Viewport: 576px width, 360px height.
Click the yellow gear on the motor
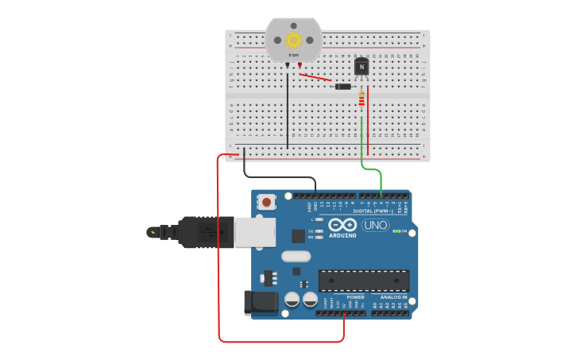tap(293, 40)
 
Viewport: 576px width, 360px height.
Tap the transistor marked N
tap(361, 68)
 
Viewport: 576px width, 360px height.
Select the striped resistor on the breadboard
tap(362, 99)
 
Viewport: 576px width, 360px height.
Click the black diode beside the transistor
tap(343, 86)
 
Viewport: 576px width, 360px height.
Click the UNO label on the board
tap(375, 225)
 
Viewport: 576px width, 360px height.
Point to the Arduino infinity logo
tap(342, 225)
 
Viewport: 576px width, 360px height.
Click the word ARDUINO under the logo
tap(342, 236)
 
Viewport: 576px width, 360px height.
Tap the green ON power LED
tap(396, 231)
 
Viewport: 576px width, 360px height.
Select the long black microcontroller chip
tap(364, 280)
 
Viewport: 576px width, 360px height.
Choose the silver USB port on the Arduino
tap(255, 232)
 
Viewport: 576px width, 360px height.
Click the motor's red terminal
tap(300, 66)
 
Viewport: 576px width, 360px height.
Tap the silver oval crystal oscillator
tap(296, 256)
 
